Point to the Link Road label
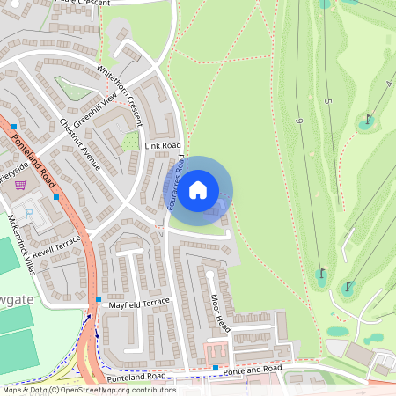click(163, 145)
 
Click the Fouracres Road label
click(177, 184)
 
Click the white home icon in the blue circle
click(198, 189)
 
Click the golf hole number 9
click(299, 121)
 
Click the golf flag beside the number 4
click(369, 117)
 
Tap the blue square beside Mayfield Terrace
click(99, 300)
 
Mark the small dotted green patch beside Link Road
click(130, 141)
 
